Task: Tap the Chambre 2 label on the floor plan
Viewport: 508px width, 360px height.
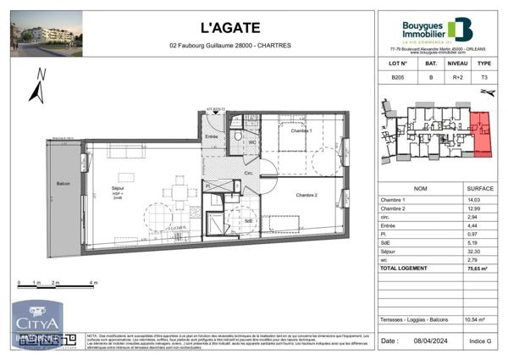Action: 306,194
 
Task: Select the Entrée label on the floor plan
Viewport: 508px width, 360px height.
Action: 212,136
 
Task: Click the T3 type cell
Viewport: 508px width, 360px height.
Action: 485,77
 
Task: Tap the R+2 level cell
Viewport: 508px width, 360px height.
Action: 457,77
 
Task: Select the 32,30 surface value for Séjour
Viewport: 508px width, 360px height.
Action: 475,252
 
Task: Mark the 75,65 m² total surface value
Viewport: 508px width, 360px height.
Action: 475,268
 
